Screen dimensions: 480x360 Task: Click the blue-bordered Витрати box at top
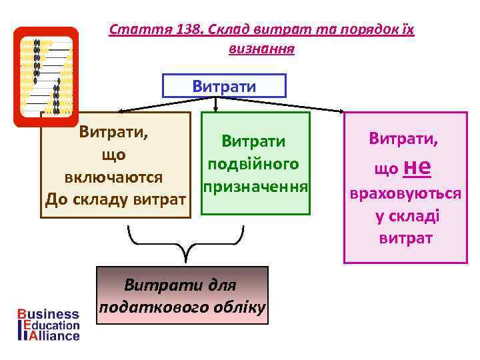tap(224, 86)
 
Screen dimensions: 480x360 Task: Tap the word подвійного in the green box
tap(253, 164)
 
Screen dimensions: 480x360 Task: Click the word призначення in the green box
tap(255, 187)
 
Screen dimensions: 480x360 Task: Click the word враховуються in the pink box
tap(406, 193)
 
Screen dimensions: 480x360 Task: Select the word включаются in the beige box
tap(114, 177)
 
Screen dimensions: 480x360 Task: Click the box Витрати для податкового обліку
tap(183, 295)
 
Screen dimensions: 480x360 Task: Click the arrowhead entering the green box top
tap(215, 110)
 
